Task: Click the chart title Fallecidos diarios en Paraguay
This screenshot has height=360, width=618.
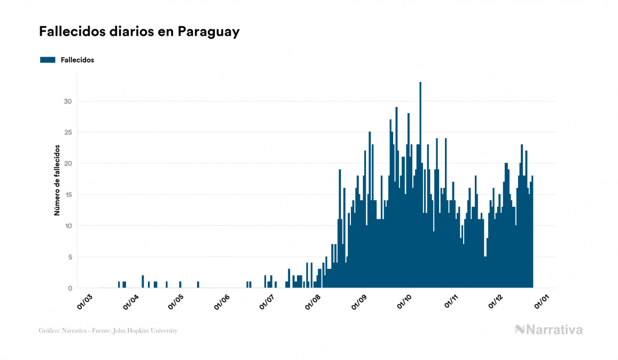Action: click(139, 32)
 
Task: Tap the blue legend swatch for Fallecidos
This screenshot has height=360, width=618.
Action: click(48, 60)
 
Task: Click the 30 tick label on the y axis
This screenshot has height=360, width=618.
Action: click(67, 101)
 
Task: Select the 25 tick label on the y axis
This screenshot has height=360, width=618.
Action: click(67, 132)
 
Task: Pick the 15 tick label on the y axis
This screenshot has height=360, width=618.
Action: click(67, 195)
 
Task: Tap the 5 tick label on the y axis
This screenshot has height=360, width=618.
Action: click(69, 257)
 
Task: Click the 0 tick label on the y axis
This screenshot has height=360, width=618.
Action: click(69, 288)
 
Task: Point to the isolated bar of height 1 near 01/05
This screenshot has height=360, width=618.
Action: click(180, 285)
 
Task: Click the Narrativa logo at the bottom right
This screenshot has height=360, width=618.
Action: click(549, 330)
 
